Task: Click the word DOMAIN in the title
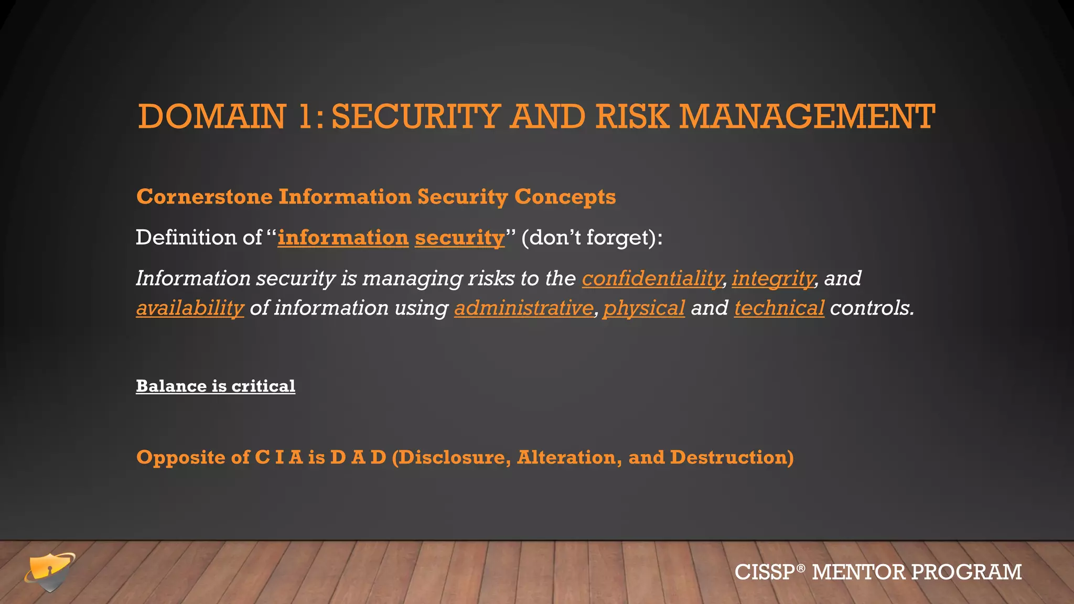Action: [x=212, y=116]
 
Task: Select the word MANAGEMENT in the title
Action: [x=807, y=116]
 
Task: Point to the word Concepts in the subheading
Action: [x=565, y=198]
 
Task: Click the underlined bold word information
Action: [x=343, y=238]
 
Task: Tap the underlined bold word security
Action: [x=459, y=238]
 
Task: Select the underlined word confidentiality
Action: [x=652, y=278]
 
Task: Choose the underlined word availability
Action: [x=190, y=308]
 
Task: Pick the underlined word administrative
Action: [x=523, y=308]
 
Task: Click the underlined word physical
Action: [x=644, y=308]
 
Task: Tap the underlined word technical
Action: [x=779, y=308]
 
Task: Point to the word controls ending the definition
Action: [x=871, y=308]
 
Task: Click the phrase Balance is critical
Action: [x=216, y=386]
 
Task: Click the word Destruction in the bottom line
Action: [x=731, y=457]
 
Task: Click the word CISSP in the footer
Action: [x=765, y=572]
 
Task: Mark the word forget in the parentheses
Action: [x=617, y=238]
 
